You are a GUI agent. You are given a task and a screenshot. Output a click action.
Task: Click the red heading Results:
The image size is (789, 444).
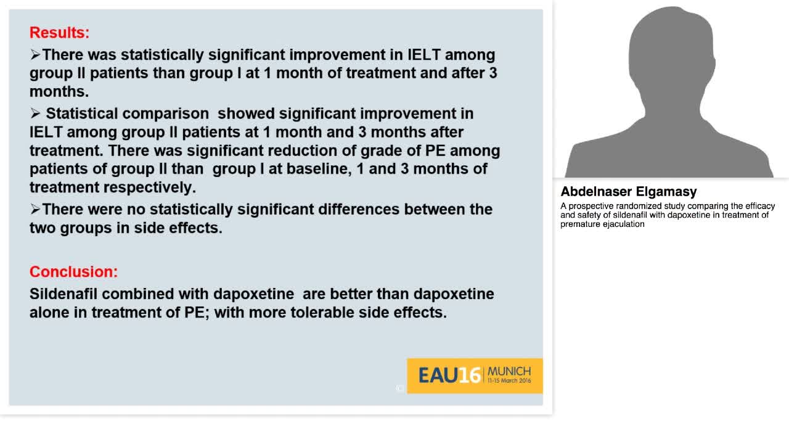coord(59,33)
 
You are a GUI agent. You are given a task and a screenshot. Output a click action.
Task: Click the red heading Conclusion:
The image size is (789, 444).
coord(73,271)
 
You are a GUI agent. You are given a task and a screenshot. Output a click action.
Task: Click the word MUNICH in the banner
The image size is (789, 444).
coord(509,371)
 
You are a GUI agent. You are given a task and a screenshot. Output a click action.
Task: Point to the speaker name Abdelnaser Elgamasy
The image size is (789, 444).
coord(628,192)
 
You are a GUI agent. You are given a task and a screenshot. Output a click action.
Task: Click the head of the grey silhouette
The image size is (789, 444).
coord(672,49)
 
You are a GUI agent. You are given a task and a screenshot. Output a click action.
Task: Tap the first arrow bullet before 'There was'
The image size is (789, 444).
coord(35,55)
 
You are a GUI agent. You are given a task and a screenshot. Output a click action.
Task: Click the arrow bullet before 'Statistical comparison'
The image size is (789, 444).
coord(35,113)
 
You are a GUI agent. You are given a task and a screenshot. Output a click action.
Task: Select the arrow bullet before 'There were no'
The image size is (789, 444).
coord(35,209)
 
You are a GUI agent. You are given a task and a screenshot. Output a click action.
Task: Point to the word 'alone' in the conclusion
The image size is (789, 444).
coord(49,312)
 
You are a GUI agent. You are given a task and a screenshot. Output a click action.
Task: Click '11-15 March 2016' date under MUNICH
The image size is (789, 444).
coord(509,381)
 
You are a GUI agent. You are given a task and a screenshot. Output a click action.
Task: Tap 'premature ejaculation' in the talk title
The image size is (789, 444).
coord(602,224)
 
